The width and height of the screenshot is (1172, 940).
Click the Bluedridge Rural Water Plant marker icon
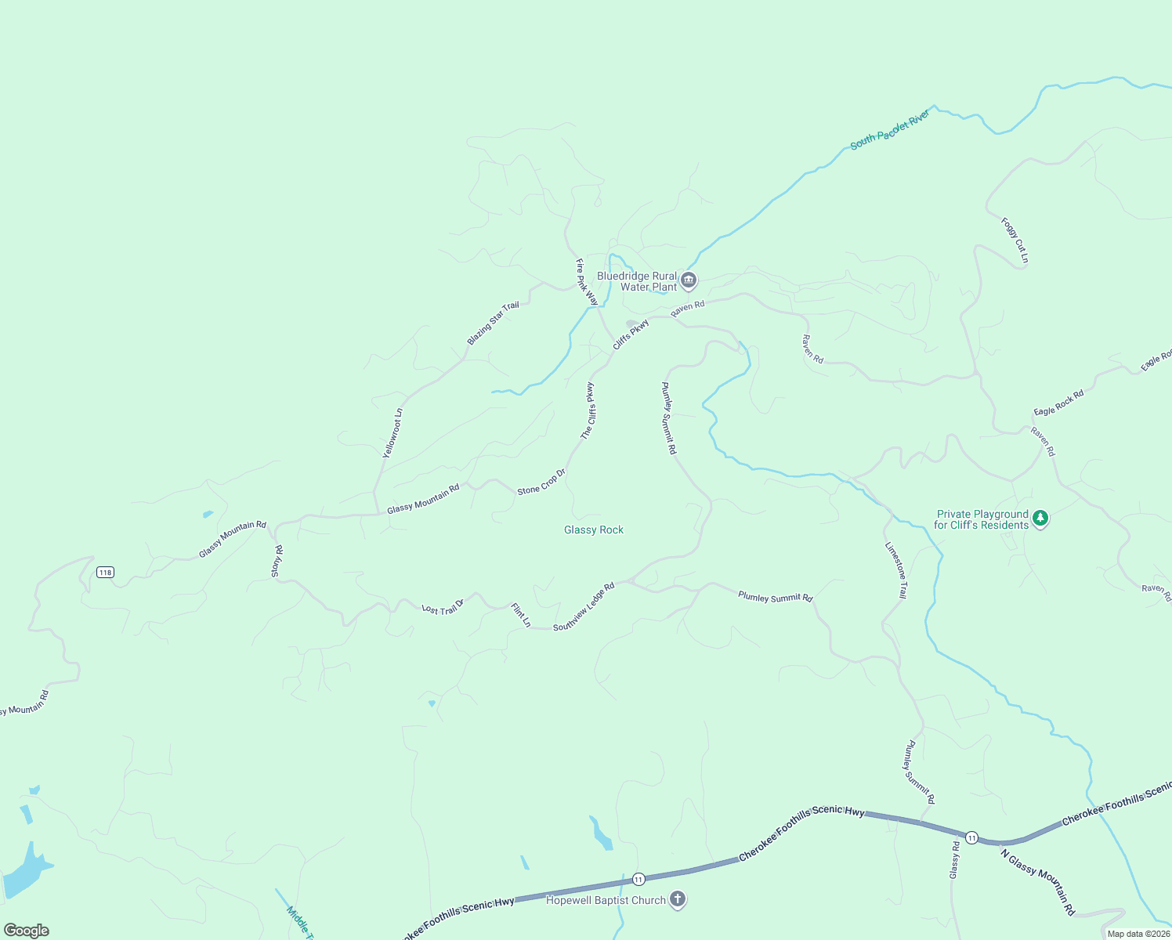pos(689,280)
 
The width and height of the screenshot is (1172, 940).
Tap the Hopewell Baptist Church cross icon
pos(678,899)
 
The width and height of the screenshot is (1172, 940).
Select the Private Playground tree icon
pos(1040,518)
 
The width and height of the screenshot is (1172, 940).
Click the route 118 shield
pos(105,573)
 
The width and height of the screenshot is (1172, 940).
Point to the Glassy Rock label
pos(594,530)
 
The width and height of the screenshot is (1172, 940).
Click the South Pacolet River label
pos(890,130)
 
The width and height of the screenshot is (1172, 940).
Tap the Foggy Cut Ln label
pos(1015,240)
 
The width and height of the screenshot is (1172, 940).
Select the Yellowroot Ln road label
pos(392,433)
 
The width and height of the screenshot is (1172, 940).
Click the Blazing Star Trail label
pos(493,323)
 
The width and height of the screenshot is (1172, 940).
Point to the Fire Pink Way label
pos(587,282)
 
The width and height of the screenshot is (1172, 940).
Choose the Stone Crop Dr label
pos(541,482)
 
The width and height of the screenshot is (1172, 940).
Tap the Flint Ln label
pos(521,615)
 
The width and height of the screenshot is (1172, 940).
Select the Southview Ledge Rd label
pos(584,607)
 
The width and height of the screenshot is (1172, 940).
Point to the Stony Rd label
pos(277,562)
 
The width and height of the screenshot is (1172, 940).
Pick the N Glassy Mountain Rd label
pos(1038,882)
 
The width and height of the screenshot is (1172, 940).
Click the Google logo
pos(26,930)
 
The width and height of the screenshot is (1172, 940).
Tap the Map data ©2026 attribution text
pos(1138,934)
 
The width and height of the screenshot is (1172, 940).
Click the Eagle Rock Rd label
pos(1058,403)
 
